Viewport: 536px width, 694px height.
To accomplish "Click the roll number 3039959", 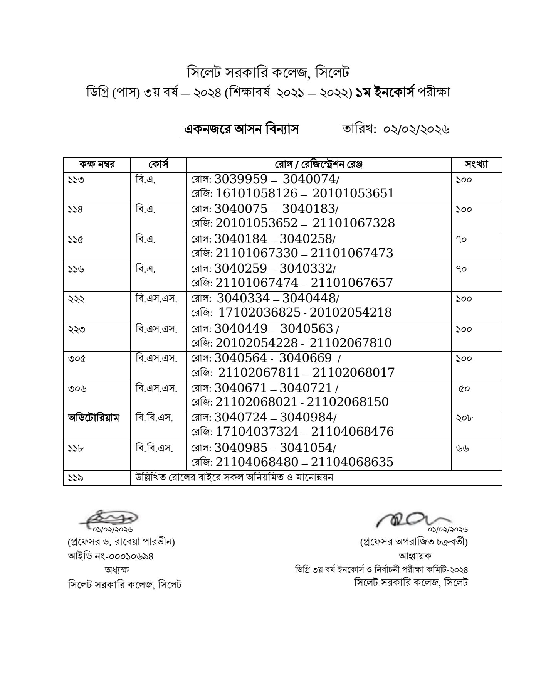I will [241, 179].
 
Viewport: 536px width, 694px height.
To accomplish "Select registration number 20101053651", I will [353, 193].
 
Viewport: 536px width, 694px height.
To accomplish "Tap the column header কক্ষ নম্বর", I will [97, 165].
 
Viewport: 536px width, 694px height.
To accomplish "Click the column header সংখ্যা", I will [476, 165].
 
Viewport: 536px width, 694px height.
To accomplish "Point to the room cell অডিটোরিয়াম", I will [94, 418].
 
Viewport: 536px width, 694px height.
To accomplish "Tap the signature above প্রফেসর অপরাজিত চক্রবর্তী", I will [408, 519].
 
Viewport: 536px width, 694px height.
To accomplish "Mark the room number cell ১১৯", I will [76, 478].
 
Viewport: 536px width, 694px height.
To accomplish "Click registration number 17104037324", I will [257, 431].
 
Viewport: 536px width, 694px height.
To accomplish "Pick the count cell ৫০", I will [464, 389].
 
